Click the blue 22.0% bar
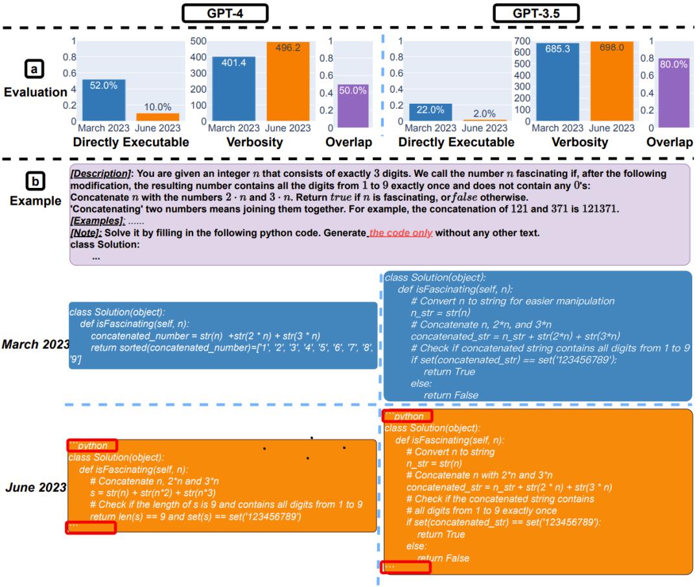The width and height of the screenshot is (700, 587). point(430,112)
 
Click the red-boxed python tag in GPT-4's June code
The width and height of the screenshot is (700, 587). point(93,446)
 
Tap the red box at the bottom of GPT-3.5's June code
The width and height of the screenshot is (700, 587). point(406,568)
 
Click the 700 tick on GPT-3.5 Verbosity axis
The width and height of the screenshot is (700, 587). point(522,41)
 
